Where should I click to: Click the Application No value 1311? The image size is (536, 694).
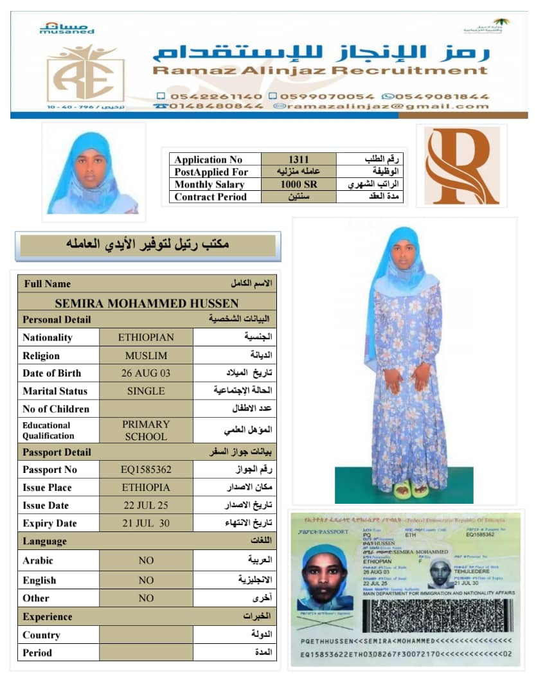[298, 159]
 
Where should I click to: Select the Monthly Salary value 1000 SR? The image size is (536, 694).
[298, 184]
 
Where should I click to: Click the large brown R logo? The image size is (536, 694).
[461, 166]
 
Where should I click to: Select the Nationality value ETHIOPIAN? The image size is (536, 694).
[146, 337]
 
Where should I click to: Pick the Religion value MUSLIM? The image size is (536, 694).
[146, 355]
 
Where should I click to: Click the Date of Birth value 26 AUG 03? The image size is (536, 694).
[146, 373]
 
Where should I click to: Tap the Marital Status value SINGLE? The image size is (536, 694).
[146, 391]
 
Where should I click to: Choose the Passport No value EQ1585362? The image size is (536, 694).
[146, 470]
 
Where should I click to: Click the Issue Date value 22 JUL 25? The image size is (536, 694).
[146, 505]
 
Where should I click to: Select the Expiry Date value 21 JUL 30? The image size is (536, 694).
[146, 523]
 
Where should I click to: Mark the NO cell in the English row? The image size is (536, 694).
[146, 580]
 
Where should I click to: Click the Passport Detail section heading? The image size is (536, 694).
[57, 452]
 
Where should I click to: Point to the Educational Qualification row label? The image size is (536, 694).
[48, 430]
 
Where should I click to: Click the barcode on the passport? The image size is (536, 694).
[438, 616]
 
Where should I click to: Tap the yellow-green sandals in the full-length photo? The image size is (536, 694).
[411, 490]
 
